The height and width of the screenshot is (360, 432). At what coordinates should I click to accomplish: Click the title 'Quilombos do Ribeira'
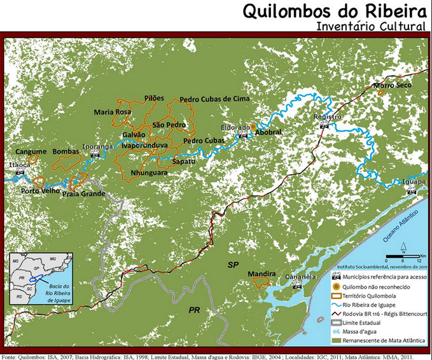[326, 12]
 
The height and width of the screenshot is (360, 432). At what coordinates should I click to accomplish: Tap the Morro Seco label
[393, 85]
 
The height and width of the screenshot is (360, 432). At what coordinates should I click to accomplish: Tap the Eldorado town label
[235, 127]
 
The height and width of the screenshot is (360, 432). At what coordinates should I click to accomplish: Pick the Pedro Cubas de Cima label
[214, 99]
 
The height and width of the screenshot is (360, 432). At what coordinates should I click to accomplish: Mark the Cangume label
[31, 152]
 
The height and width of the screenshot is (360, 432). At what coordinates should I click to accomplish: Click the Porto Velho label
[38, 190]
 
